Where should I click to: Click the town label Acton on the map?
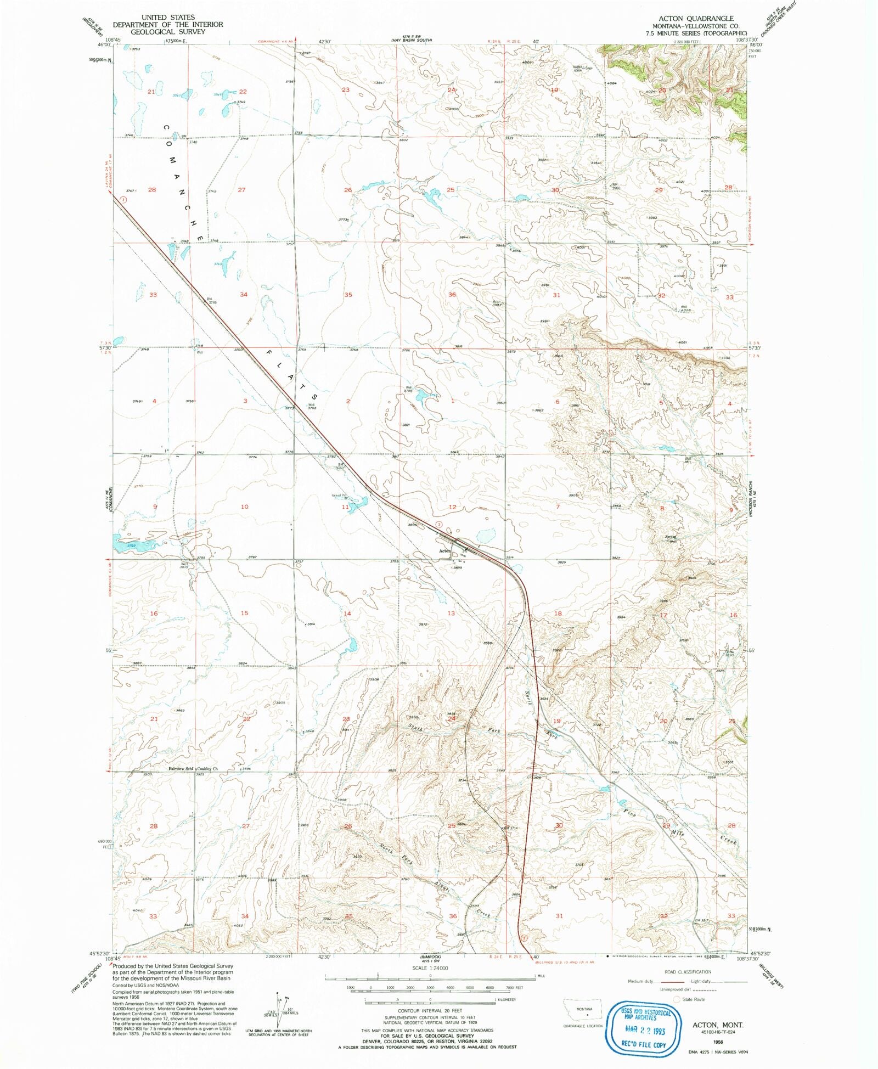click(x=444, y=550)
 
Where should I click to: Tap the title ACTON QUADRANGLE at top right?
click(x=701, y=18)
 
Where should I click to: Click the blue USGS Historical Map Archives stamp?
click(x=645, y=1028)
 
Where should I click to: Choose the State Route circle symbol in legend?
click(x=677, y=999)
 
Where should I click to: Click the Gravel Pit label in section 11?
click(x=337, y=496)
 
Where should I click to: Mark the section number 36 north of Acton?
click(x=452, y=295)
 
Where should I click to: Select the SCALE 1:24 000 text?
click(x=430, y=968)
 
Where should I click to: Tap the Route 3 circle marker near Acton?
click(x=439, y=525)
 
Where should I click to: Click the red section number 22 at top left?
click(x=243, y=92)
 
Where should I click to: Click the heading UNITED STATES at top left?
click(x=167, y=17)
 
